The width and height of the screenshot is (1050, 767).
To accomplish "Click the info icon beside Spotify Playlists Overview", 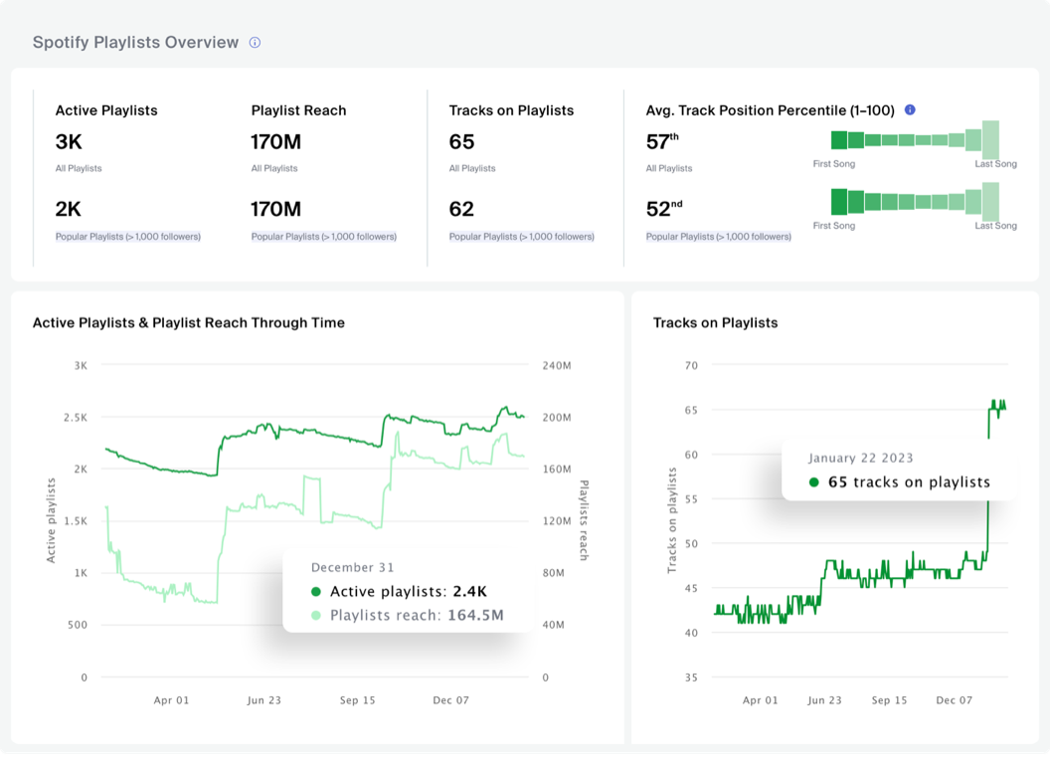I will tap(255, 43).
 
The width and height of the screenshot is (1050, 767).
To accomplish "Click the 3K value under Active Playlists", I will tap(69, 142).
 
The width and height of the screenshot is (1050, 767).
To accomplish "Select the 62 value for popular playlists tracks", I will tap(461, 210).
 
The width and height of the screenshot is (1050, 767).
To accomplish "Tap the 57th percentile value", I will tap(661, 142).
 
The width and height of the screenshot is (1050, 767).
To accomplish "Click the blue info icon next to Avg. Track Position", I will tap(910, 110).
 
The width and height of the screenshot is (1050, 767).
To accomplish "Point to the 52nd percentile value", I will tap(661, 210).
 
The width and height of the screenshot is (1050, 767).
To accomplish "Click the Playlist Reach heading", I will tap(298, 110).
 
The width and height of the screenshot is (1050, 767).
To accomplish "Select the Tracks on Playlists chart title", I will tap(715, 322).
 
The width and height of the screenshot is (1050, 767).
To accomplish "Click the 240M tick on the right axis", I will tap(556, 366).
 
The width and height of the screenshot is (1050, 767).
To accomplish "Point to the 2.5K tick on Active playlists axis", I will tap(75, 417).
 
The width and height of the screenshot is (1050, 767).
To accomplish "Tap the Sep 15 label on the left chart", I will tap(357, 700).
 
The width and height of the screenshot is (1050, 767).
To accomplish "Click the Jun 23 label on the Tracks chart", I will tap(824, 700).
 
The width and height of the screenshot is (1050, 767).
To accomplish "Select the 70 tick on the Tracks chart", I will tap(690, 366).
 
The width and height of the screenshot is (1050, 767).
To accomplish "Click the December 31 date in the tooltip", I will tap(352, 567).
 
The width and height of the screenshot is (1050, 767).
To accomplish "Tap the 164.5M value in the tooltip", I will tap(475, 615).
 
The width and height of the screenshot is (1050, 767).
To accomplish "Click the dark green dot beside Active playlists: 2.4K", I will tap(316, 592).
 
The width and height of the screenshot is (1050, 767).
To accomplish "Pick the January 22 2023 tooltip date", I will tap(860, 458).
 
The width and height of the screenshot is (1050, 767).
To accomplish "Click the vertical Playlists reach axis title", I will tap(584, 519).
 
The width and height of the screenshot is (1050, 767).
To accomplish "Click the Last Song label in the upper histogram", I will tap(995, 164).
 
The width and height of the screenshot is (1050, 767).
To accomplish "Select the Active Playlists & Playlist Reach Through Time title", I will tap(189, 322).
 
